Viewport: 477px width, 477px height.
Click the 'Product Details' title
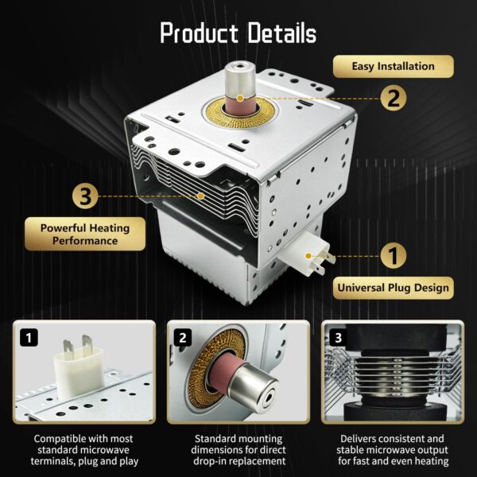coord(238,33)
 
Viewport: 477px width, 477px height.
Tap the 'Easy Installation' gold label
coord(393,66)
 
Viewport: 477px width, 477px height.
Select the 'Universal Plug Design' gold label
coord(393,288)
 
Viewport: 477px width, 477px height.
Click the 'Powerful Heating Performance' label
coord(85,234)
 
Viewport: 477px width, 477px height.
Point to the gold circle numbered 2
coord(394,98)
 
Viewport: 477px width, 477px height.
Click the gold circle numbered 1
coord(394,256)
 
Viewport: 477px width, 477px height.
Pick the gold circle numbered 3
coord(85,196)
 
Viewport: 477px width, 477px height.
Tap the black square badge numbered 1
coord(29,338)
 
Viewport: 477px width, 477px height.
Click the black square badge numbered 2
coord(183,338)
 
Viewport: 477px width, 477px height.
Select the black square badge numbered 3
coord(339,338)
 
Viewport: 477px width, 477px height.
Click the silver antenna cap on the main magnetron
coord(240,78)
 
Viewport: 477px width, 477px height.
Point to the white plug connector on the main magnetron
coord(307,254)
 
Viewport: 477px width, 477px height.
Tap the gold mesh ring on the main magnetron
coord(240,113)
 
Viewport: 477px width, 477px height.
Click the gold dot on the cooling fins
coord(200,196)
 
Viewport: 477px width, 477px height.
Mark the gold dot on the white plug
coord(308,256)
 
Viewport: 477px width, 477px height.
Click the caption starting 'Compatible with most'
coord(84,450)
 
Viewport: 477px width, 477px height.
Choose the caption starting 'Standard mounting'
coord(238,450)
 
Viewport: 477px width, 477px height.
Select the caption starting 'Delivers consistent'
coord(393,450)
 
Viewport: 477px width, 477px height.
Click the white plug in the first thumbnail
coord(79,368)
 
